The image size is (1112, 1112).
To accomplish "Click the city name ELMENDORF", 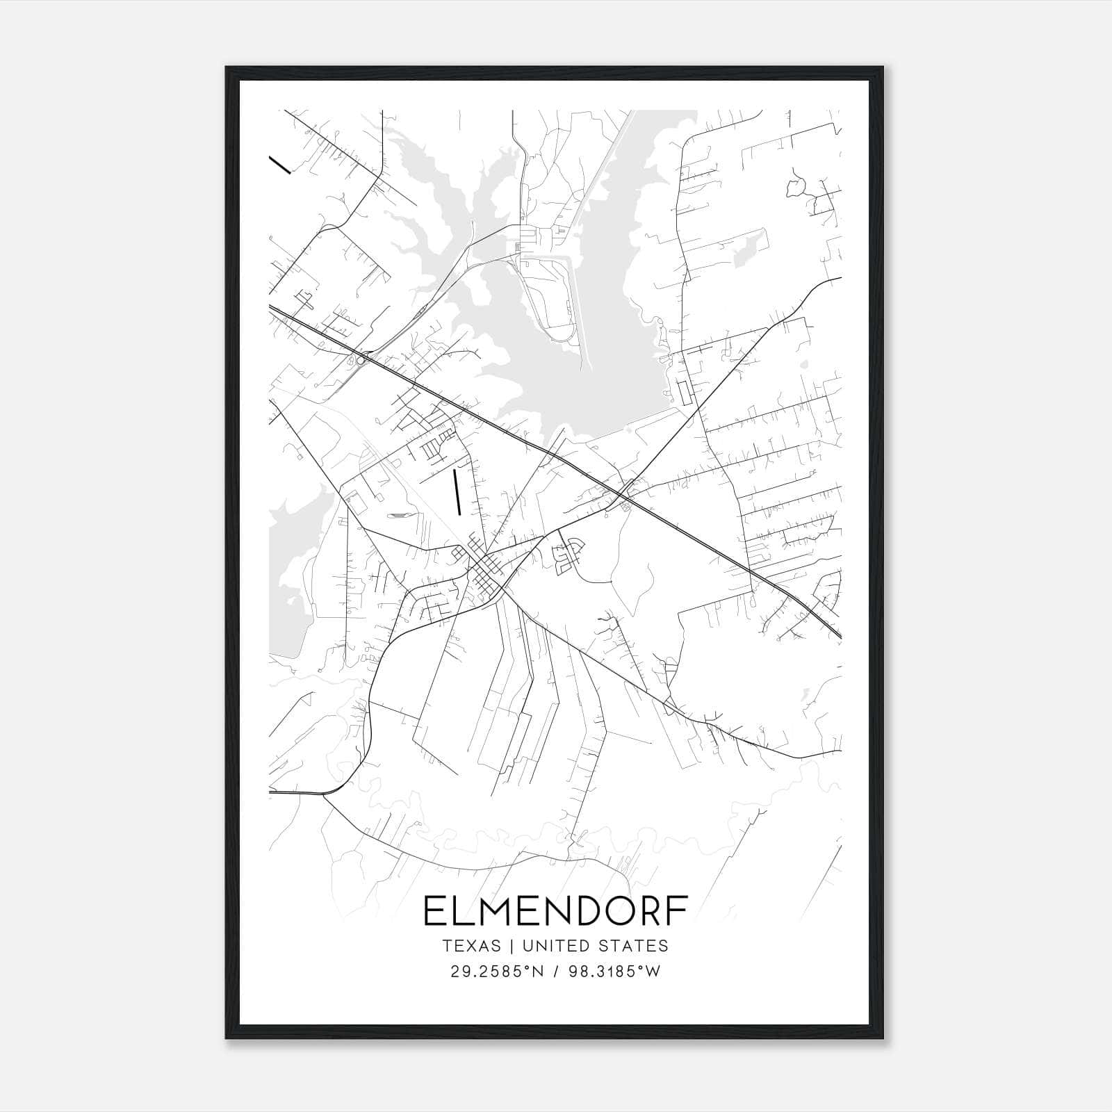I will click(x=555, y=912).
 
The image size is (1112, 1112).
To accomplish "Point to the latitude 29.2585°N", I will click(x=495, y=972).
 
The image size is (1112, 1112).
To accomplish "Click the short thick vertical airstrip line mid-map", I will click(x=457, y=492).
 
